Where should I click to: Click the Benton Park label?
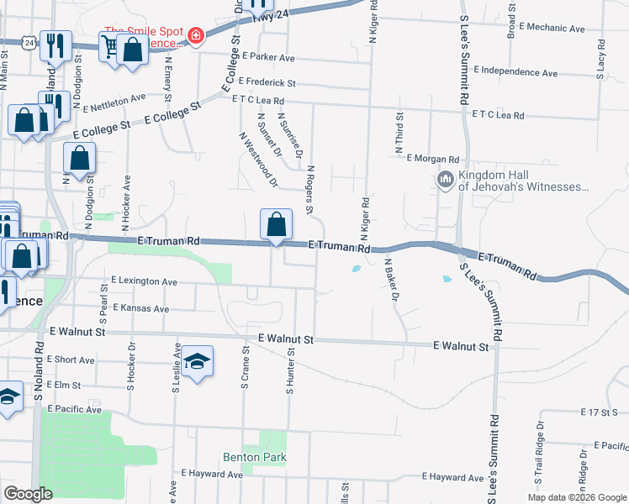[x=255, y=458]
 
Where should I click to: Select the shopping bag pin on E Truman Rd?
[x=276, y=225]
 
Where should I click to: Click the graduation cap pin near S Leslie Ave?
[x=197, y=361]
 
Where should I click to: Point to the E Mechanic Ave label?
[x=552, y=28]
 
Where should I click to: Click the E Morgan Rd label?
[x=433, y=158]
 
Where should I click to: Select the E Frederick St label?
[x=267, y=82]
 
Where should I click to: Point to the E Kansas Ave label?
[x=140, y=308]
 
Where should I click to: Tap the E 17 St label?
[x=599, y=412]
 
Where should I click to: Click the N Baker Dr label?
[x=391, y=279]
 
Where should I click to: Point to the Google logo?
[x=28, y=494]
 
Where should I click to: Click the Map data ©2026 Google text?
[x=576, y=497]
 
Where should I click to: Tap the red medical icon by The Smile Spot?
[x=196, y=36]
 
